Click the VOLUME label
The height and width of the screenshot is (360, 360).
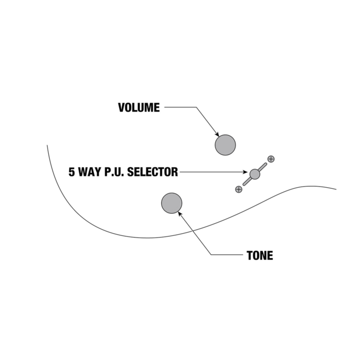(x=139, y=107)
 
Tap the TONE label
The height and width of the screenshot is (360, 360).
(x=260, y=256)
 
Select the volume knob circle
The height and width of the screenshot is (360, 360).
(x=225, y=145)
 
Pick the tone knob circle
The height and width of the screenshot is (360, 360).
(x=172, y=203)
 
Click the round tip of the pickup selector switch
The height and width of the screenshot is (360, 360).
(x=255, y=174)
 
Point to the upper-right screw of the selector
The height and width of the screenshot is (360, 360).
(x=271, y=159)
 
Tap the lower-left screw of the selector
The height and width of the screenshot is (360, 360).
(x=239, y=189)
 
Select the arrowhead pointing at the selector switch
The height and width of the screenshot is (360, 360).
(x=244, y=172)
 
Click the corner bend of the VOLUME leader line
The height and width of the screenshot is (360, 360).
(x=196, y=107)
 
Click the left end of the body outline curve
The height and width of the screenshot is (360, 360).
(x=48, y=146)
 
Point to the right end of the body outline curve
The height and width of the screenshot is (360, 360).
(x=336, y=189)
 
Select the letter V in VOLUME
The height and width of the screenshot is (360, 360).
(x=122, y=107)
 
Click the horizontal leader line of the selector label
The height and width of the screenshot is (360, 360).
(x=210, y=172)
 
